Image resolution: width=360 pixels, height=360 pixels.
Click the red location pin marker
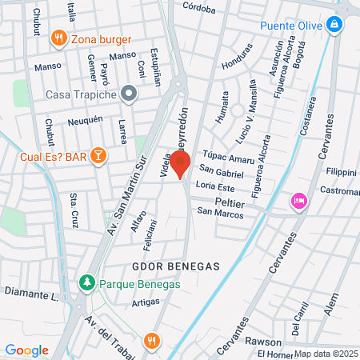click(180, 164)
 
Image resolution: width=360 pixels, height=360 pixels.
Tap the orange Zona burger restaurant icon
click(58, 38)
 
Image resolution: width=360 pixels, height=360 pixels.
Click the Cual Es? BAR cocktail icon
click(98, 156)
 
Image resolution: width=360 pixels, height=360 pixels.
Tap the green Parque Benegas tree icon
click(86, 282)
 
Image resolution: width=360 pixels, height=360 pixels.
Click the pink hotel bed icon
click(298, 199)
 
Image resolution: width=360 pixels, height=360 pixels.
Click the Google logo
click(27, 350)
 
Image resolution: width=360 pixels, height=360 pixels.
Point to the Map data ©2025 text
click(326, 354)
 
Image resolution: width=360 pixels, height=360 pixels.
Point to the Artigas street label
click(146, 302)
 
